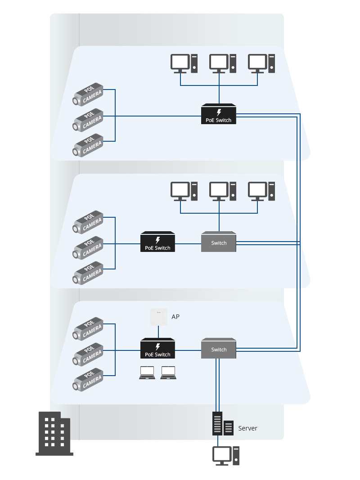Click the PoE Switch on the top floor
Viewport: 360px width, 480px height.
click(x=219, y=114)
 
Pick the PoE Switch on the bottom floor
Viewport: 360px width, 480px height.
click(x=157, y=349)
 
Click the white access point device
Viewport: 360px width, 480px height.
click(x=158, y=317)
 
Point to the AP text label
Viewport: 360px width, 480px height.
click(x=175, y=317)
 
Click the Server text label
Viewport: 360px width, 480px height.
click(x=247, y=428)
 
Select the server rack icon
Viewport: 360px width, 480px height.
click(x=223, y=424)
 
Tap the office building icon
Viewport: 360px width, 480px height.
click(x=54, y=434)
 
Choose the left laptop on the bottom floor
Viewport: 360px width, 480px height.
click(x=147, y=372)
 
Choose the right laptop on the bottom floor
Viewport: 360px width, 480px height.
click(x=168, y=372)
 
